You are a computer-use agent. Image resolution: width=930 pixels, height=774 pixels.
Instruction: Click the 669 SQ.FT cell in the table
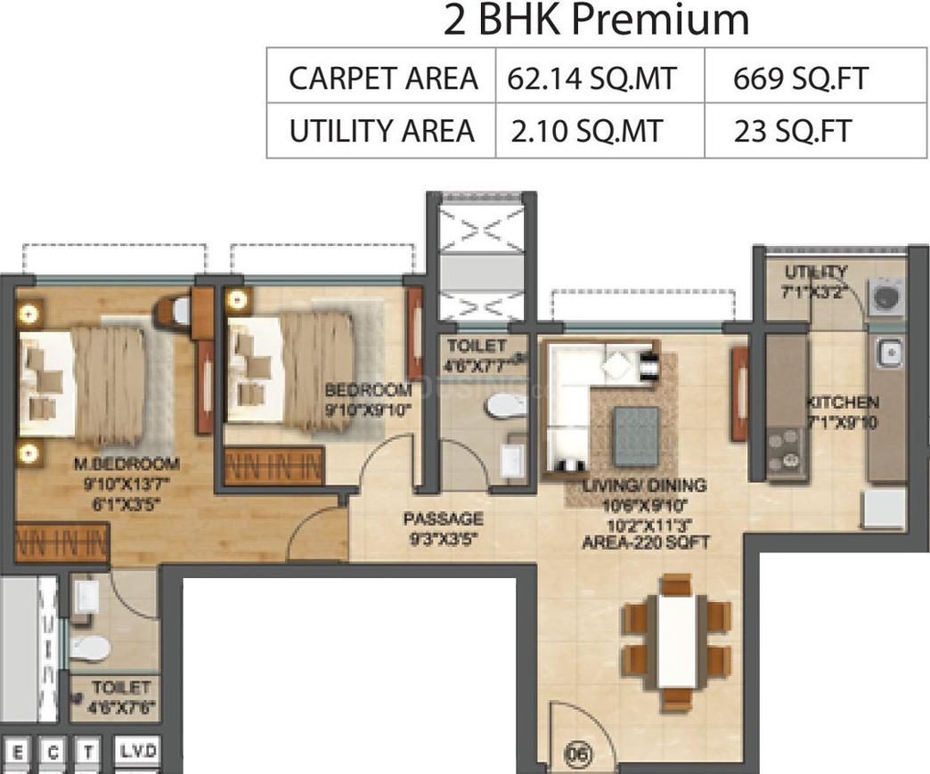click(x=799, y=78)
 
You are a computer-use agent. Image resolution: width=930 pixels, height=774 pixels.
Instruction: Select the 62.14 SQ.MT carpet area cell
click(x=591, y=78)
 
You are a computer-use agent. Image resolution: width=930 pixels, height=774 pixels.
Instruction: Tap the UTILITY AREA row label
click(x=380, y=131)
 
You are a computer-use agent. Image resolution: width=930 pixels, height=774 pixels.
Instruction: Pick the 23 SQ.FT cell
click(x=792, y=131)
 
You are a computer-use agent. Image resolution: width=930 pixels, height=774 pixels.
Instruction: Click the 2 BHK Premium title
click(x=596, y=20)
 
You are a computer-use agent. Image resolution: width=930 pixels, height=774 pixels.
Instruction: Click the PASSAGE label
click(x=443, y=518)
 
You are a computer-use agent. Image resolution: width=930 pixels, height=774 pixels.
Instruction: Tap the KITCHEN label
click(x=842, y=403)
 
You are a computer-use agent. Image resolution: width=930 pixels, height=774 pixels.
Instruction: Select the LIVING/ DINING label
click(x=645, y=485)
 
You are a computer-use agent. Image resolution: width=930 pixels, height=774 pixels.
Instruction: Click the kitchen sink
click(x=888, y=354)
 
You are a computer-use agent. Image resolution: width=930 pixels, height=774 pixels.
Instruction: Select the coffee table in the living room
click(x=636, y=436)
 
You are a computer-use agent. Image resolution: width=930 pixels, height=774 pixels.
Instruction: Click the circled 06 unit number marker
click(x=580, y=754)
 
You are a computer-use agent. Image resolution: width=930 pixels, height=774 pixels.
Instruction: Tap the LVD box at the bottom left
click(x=138, y=752)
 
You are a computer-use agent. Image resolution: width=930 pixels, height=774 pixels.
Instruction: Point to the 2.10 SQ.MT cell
click(x=587, y=131)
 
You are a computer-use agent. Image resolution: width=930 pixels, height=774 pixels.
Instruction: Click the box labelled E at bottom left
click(x=19, y=754)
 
